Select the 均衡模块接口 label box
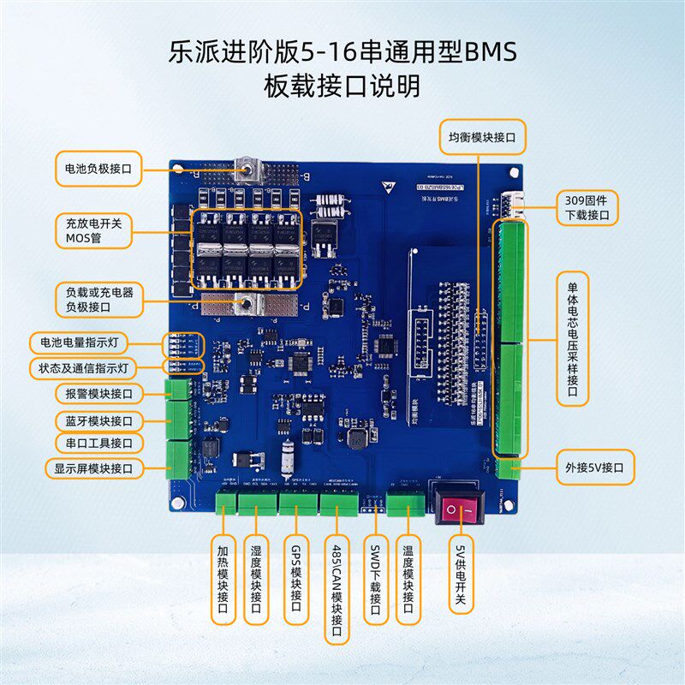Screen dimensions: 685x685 [482, 135]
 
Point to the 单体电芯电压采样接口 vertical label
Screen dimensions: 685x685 [573, 338]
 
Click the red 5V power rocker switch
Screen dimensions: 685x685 [458, 510]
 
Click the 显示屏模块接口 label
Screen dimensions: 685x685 [93, 468]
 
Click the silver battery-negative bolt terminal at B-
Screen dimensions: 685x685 [251, 169]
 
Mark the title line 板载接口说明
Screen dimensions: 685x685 [342, 86]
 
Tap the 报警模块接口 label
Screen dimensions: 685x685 [98, 394]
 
